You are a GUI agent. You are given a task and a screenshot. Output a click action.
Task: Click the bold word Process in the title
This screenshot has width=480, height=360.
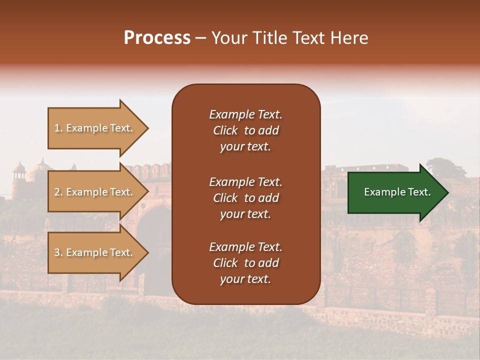(x=157, y=38)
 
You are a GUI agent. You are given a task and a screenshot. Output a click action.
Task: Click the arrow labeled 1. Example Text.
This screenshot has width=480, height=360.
(x=95, y=128)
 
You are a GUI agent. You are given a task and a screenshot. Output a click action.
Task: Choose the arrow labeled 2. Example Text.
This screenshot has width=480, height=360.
(x=95, y=192)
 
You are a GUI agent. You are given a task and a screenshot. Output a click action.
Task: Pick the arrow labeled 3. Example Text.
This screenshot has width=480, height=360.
(x=95, y=252)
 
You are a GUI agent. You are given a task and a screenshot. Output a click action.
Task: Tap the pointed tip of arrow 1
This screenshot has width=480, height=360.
(x=147, y=128)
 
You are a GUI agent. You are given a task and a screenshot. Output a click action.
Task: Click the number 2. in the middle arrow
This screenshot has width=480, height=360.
(x=58, y=192)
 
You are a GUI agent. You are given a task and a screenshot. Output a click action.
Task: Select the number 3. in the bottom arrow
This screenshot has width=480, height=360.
(x=58, y=252)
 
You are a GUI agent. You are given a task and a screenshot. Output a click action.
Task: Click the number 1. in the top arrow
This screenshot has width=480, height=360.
(x=58, y=128)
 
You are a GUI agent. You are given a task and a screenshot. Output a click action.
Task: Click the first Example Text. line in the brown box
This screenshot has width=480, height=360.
(x=245, y=114)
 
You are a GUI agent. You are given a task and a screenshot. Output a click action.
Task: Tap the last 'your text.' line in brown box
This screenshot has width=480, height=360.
(x=245, y=279)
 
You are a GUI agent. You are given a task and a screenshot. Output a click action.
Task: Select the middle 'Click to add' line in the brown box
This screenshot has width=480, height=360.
(x=245, y=198)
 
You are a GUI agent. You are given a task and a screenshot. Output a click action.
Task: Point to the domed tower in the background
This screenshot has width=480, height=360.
(x=19, y=175)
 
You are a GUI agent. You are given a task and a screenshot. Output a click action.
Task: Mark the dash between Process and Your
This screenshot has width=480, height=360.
(x=201, y=38)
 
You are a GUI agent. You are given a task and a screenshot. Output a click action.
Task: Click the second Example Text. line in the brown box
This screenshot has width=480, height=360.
(x=245, y=181)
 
